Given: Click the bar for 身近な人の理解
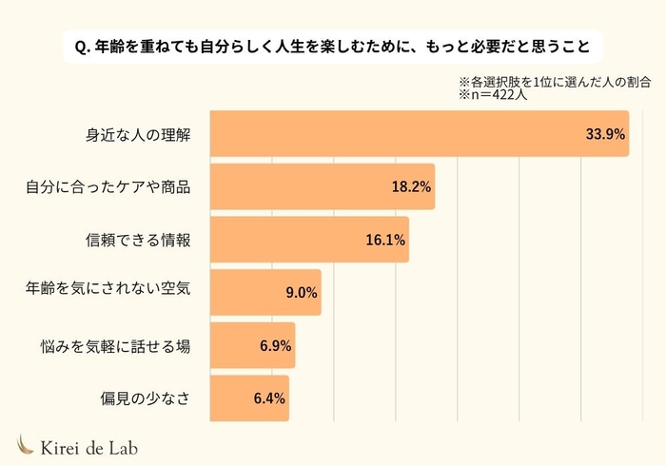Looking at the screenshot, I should coord(419,134).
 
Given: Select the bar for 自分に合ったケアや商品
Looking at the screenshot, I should coord(322,186).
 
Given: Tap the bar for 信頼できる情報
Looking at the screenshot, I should coord(308,240).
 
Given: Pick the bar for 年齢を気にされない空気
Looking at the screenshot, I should coord(264,292).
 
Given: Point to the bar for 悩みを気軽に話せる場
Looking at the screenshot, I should coord(252,345).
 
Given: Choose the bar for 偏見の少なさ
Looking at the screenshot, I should coord(248,398).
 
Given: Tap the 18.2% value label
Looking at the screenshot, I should coord(411,186).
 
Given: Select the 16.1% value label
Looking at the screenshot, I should coord(385,240).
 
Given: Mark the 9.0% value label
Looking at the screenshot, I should coord(301,293).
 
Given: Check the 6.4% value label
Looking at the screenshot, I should coord(269,398).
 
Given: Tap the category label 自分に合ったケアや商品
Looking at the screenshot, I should coord(108,186).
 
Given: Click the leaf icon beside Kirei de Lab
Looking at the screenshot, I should coord(27,444).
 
